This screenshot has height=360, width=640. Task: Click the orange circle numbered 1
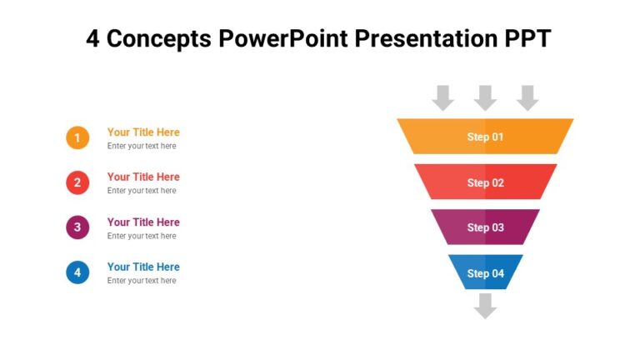click(x=77, y=137)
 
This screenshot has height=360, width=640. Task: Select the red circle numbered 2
click(x=77, y=182)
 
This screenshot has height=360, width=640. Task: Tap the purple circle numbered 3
click(x=77, y=227)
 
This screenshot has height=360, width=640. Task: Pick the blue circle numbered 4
click(x=77, y=272)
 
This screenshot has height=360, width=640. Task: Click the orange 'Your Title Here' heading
click(x=143, y=132)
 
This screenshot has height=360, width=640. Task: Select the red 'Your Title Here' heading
click(x=143, y=177)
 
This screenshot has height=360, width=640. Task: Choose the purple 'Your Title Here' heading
click(x=143, y=222)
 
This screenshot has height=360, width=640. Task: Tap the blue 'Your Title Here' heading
click(x=143, y=267)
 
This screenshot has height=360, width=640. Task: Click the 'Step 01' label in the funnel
click(x=485, y=137)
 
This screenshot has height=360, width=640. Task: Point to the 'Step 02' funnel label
click(x=485, y=182)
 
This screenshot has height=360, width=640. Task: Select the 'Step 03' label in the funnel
click(x=485, y=227)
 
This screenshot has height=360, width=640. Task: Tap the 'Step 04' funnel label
click(x=485, y=273)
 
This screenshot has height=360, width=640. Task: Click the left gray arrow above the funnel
click(x=443, y=97)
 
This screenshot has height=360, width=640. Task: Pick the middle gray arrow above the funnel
click(x=485, y=97)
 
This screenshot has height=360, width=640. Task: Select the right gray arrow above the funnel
click(x=527, y=97)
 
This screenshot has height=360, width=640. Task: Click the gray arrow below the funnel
click(x=485, y=306)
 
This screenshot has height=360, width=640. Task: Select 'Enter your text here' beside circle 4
click(x=142, y=281)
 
